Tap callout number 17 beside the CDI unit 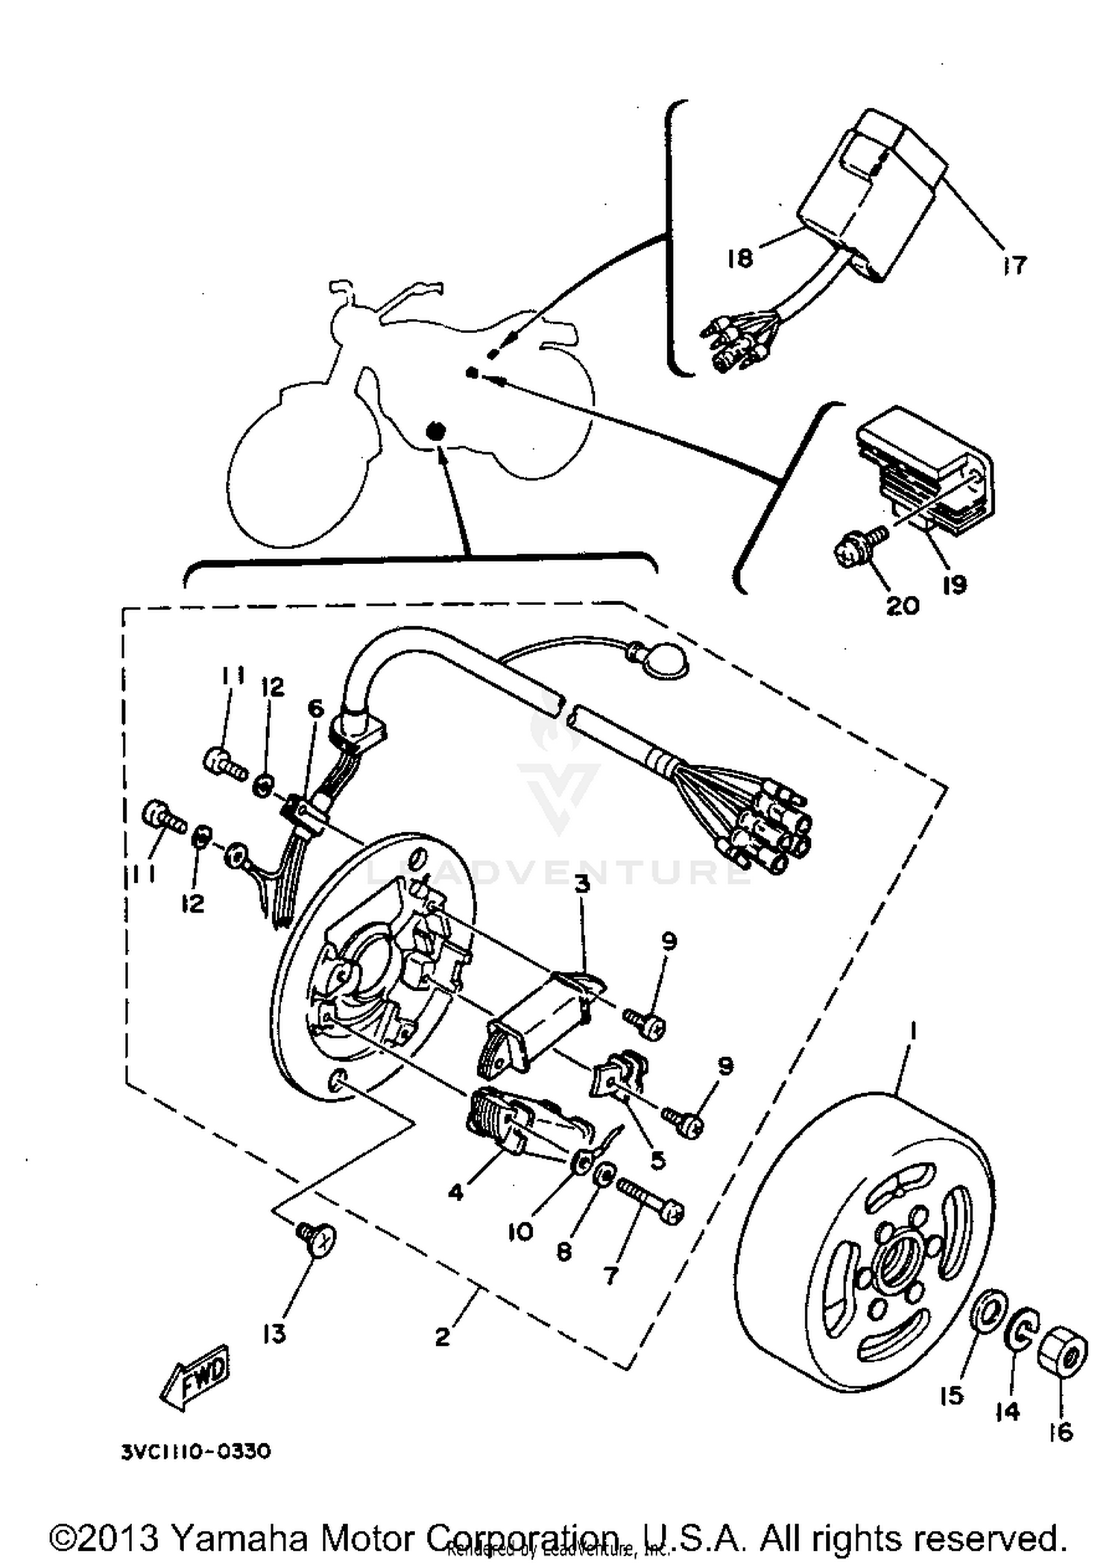point(1014,264)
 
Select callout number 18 point(740,258)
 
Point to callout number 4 point(455,1192)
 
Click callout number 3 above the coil point(582,884)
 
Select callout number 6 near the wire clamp point(316,708)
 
